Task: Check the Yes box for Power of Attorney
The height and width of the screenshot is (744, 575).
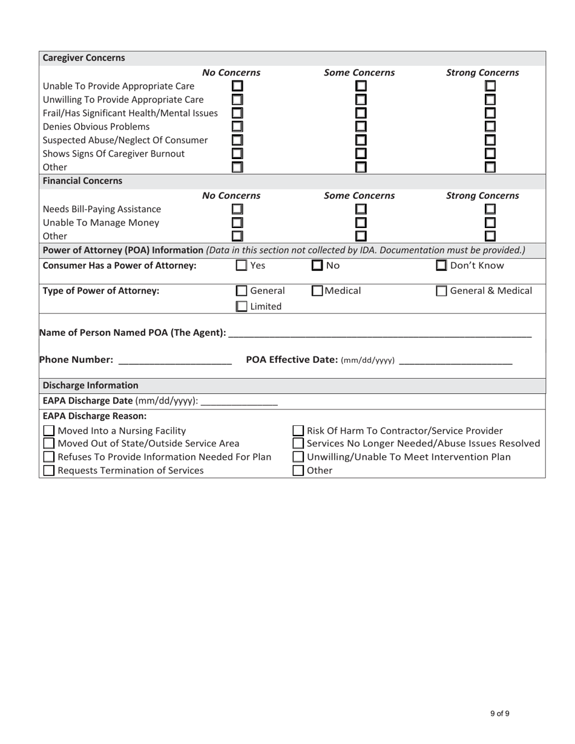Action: (x=241, y=265)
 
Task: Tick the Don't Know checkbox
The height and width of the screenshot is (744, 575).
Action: (x=442, y=265)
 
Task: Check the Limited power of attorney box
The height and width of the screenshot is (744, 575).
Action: (x=241, y=307)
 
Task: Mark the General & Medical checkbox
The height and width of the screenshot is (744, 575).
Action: (x=442, y=291)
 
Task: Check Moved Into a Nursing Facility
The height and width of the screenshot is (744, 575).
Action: (x=50, y=431)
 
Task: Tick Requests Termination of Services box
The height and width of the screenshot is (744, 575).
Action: (x=50, y=471)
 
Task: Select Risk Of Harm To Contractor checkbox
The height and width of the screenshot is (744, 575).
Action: (x=298, y=431)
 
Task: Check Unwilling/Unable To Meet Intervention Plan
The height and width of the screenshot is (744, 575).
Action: (x=298, y=457)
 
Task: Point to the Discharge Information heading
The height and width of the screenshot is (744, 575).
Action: (x=90, y=385)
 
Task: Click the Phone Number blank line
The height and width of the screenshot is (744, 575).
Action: (x=175, y=361)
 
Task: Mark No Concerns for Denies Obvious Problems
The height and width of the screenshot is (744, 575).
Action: (x=237, y=126)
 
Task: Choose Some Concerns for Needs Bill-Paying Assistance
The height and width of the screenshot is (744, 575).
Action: (x=361, y=209)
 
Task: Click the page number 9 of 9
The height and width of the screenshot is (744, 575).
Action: (x=499, y=714)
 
